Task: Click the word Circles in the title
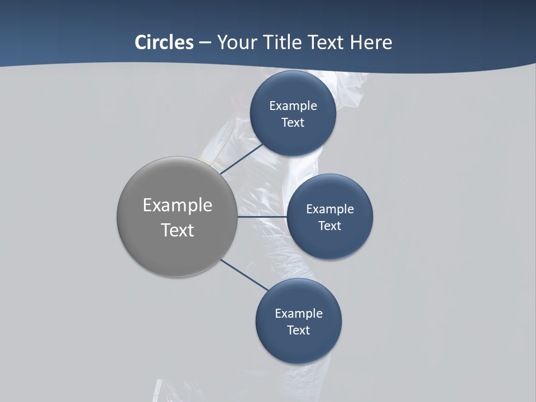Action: point(164,42)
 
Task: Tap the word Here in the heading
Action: point(371,42)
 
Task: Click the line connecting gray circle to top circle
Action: point(242,159)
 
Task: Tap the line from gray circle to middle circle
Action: point(262,217)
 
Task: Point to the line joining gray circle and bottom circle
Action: point(244,275)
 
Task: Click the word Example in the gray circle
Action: point(178,205)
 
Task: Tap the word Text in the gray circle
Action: point(178,230)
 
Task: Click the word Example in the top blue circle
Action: point(293,106)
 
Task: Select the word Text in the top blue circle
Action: point(293,122)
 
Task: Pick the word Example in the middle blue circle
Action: point(330,209)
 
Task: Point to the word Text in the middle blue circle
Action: point(330,226)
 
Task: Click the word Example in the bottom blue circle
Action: point(299,313)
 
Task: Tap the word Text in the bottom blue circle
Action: point(299,330)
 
